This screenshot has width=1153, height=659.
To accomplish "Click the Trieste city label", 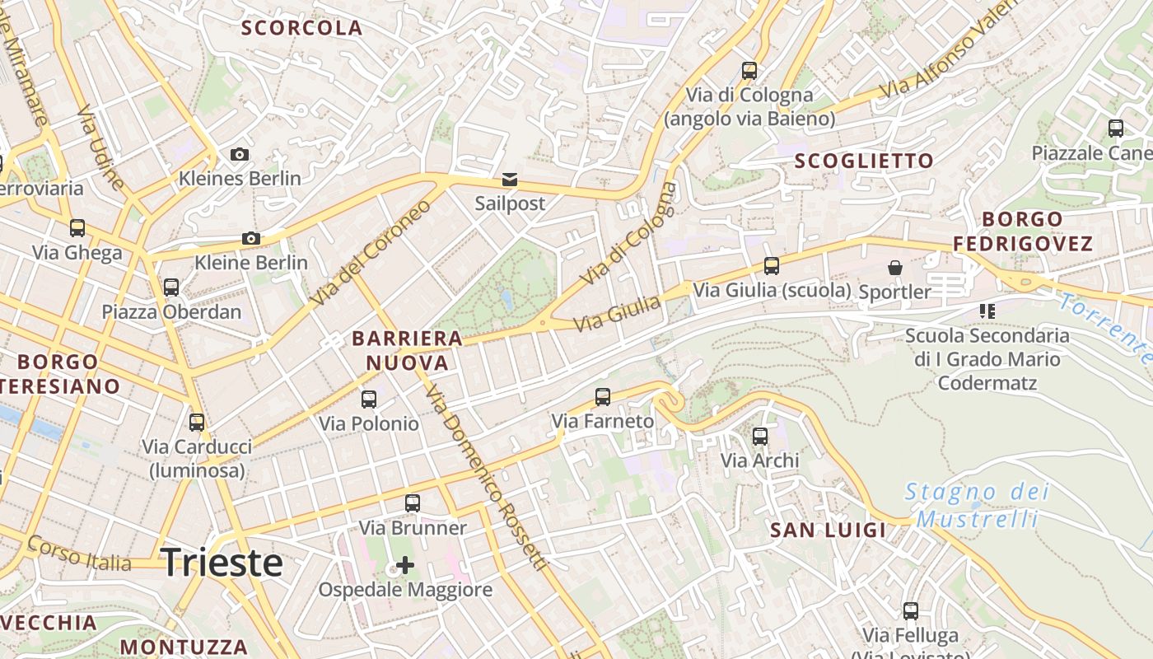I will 222,563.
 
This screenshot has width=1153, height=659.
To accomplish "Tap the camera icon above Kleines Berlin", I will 240,155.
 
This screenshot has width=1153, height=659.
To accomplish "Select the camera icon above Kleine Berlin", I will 251,239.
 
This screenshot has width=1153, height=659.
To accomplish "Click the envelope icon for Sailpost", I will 510,180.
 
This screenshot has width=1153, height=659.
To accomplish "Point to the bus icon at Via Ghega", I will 77,228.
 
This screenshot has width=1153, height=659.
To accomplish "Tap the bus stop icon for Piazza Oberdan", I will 171,287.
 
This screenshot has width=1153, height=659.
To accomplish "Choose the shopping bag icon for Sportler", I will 895,268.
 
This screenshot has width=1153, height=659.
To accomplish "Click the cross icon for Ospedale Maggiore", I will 405,565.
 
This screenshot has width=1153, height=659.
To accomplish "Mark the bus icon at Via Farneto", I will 603,397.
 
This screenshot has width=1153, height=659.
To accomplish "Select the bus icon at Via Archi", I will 760,437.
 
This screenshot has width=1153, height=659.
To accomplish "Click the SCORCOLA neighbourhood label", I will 301,28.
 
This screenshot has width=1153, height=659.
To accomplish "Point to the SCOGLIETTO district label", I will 864,161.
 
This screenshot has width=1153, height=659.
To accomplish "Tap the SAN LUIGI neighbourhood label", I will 828,530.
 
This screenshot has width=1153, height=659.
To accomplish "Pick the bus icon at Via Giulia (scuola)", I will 772,266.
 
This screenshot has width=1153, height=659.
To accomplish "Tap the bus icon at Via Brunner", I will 413,503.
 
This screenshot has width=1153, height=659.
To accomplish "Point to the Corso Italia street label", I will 79,554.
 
